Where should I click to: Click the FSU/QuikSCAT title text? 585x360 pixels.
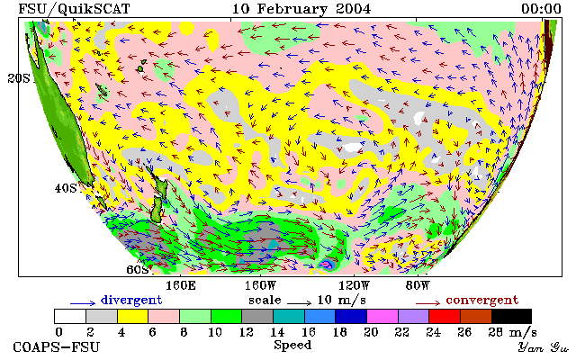[74, 9]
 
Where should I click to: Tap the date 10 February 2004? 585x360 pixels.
[301, 9]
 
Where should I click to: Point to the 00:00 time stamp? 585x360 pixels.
[541, 9]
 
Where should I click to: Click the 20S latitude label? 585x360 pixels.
[19, 78]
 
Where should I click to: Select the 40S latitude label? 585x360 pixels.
[66, 188]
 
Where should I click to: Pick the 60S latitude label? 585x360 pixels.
[138, 269]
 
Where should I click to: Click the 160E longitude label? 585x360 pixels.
[181, 286]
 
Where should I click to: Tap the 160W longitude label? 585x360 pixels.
[260, 286]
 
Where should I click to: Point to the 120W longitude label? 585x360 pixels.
[354, 286]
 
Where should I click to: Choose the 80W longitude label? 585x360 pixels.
[418, 286]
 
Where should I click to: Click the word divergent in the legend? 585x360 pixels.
[131, 300]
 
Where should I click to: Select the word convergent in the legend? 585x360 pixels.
[482, 300]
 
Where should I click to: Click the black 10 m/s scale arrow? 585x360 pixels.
[299, 303]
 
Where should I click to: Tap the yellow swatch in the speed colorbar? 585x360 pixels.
[132, 317]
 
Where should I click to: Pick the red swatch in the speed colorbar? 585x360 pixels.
[445, 317]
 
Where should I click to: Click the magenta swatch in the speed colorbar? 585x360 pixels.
[382, 317]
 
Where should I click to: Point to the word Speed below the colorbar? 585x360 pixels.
[292, 345]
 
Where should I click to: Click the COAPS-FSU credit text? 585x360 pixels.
[57, 346]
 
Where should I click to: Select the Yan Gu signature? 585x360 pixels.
[544, 348]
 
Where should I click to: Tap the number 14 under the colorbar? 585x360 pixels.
[277, 331]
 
